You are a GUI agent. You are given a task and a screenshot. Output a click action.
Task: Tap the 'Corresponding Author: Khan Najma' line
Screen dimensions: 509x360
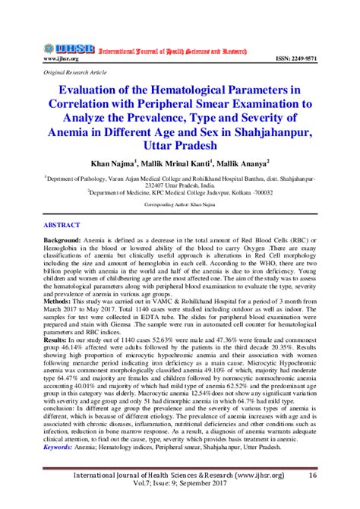180,204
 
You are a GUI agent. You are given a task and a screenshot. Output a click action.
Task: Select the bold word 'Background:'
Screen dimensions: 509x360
58,240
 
